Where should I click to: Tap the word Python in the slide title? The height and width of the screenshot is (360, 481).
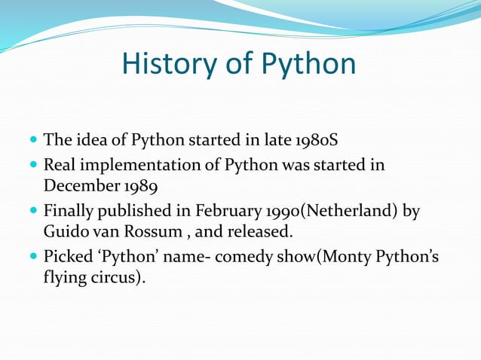click(x=309, y=66)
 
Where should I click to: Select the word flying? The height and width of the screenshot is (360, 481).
click(x=63, y=279)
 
